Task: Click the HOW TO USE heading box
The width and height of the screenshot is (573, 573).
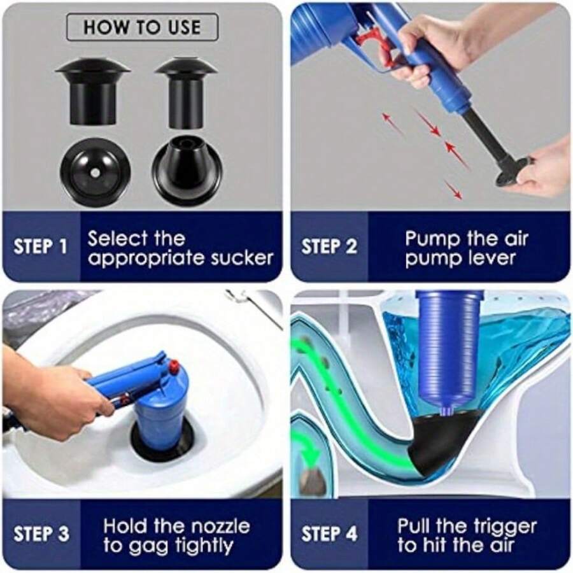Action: pyautogui.click(x=142, y=27)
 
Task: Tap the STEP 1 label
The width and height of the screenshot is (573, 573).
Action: pyautogui.click(x=40, y=247)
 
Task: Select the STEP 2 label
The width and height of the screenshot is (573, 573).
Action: pyautogui.click(x=329, y=247)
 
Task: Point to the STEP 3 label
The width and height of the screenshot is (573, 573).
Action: pyautogui.click(x=41, y=534)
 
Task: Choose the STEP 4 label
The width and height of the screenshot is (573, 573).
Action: pyautogui.click(x=329, y=534)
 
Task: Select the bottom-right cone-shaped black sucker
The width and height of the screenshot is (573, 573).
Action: pyautogui.click(x=187, y=171)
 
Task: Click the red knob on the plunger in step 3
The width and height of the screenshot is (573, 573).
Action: pyautogui.click(x=173, y=367)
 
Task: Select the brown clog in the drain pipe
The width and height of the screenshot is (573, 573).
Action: pyautogui.click(x=313, y=480)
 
